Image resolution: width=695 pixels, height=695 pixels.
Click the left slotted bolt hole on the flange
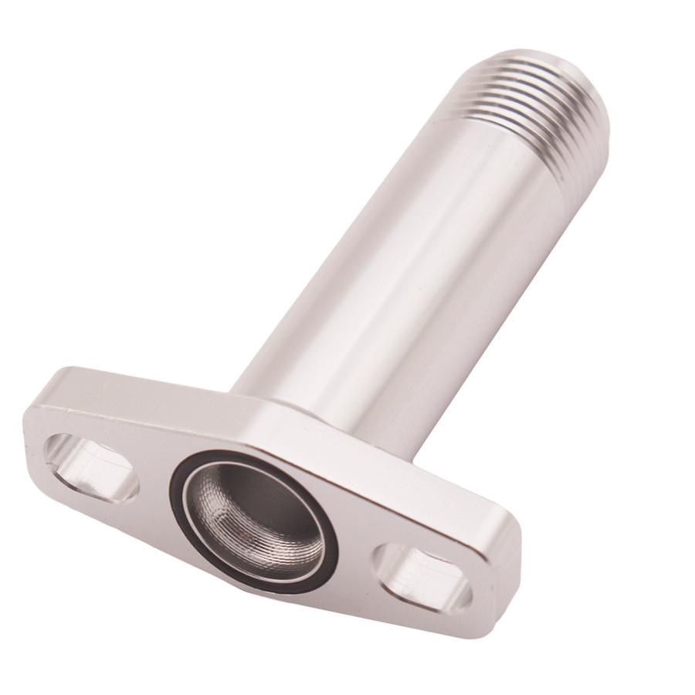click(91, 467)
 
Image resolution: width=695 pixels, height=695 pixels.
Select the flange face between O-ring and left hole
click(151, 479)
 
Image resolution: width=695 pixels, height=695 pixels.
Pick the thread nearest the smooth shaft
click(494, 124)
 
